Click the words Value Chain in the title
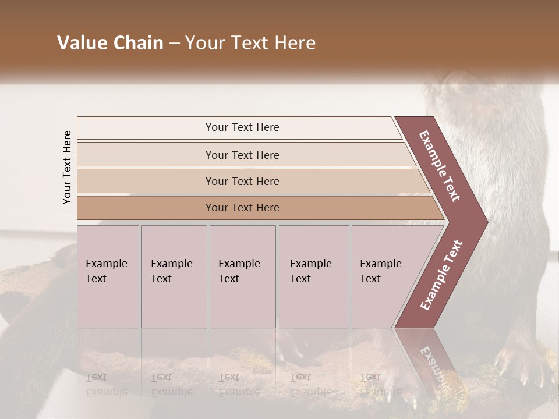click(110, 43)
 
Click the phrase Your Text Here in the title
click(250, 43)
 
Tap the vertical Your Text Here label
click(67, 167)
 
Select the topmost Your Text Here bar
click(242, 127)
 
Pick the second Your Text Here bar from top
click(242, 155)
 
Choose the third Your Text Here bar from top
click(242, 181)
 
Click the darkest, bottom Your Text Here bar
click(242, 208)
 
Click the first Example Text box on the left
click(108, 276)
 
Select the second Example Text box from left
click(174, 276)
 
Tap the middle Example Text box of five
click(242, 276)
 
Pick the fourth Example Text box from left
click(314, 276)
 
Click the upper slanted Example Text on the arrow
click(440, 166)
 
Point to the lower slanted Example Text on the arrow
click(441, 275)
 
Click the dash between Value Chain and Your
click(174, 44)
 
